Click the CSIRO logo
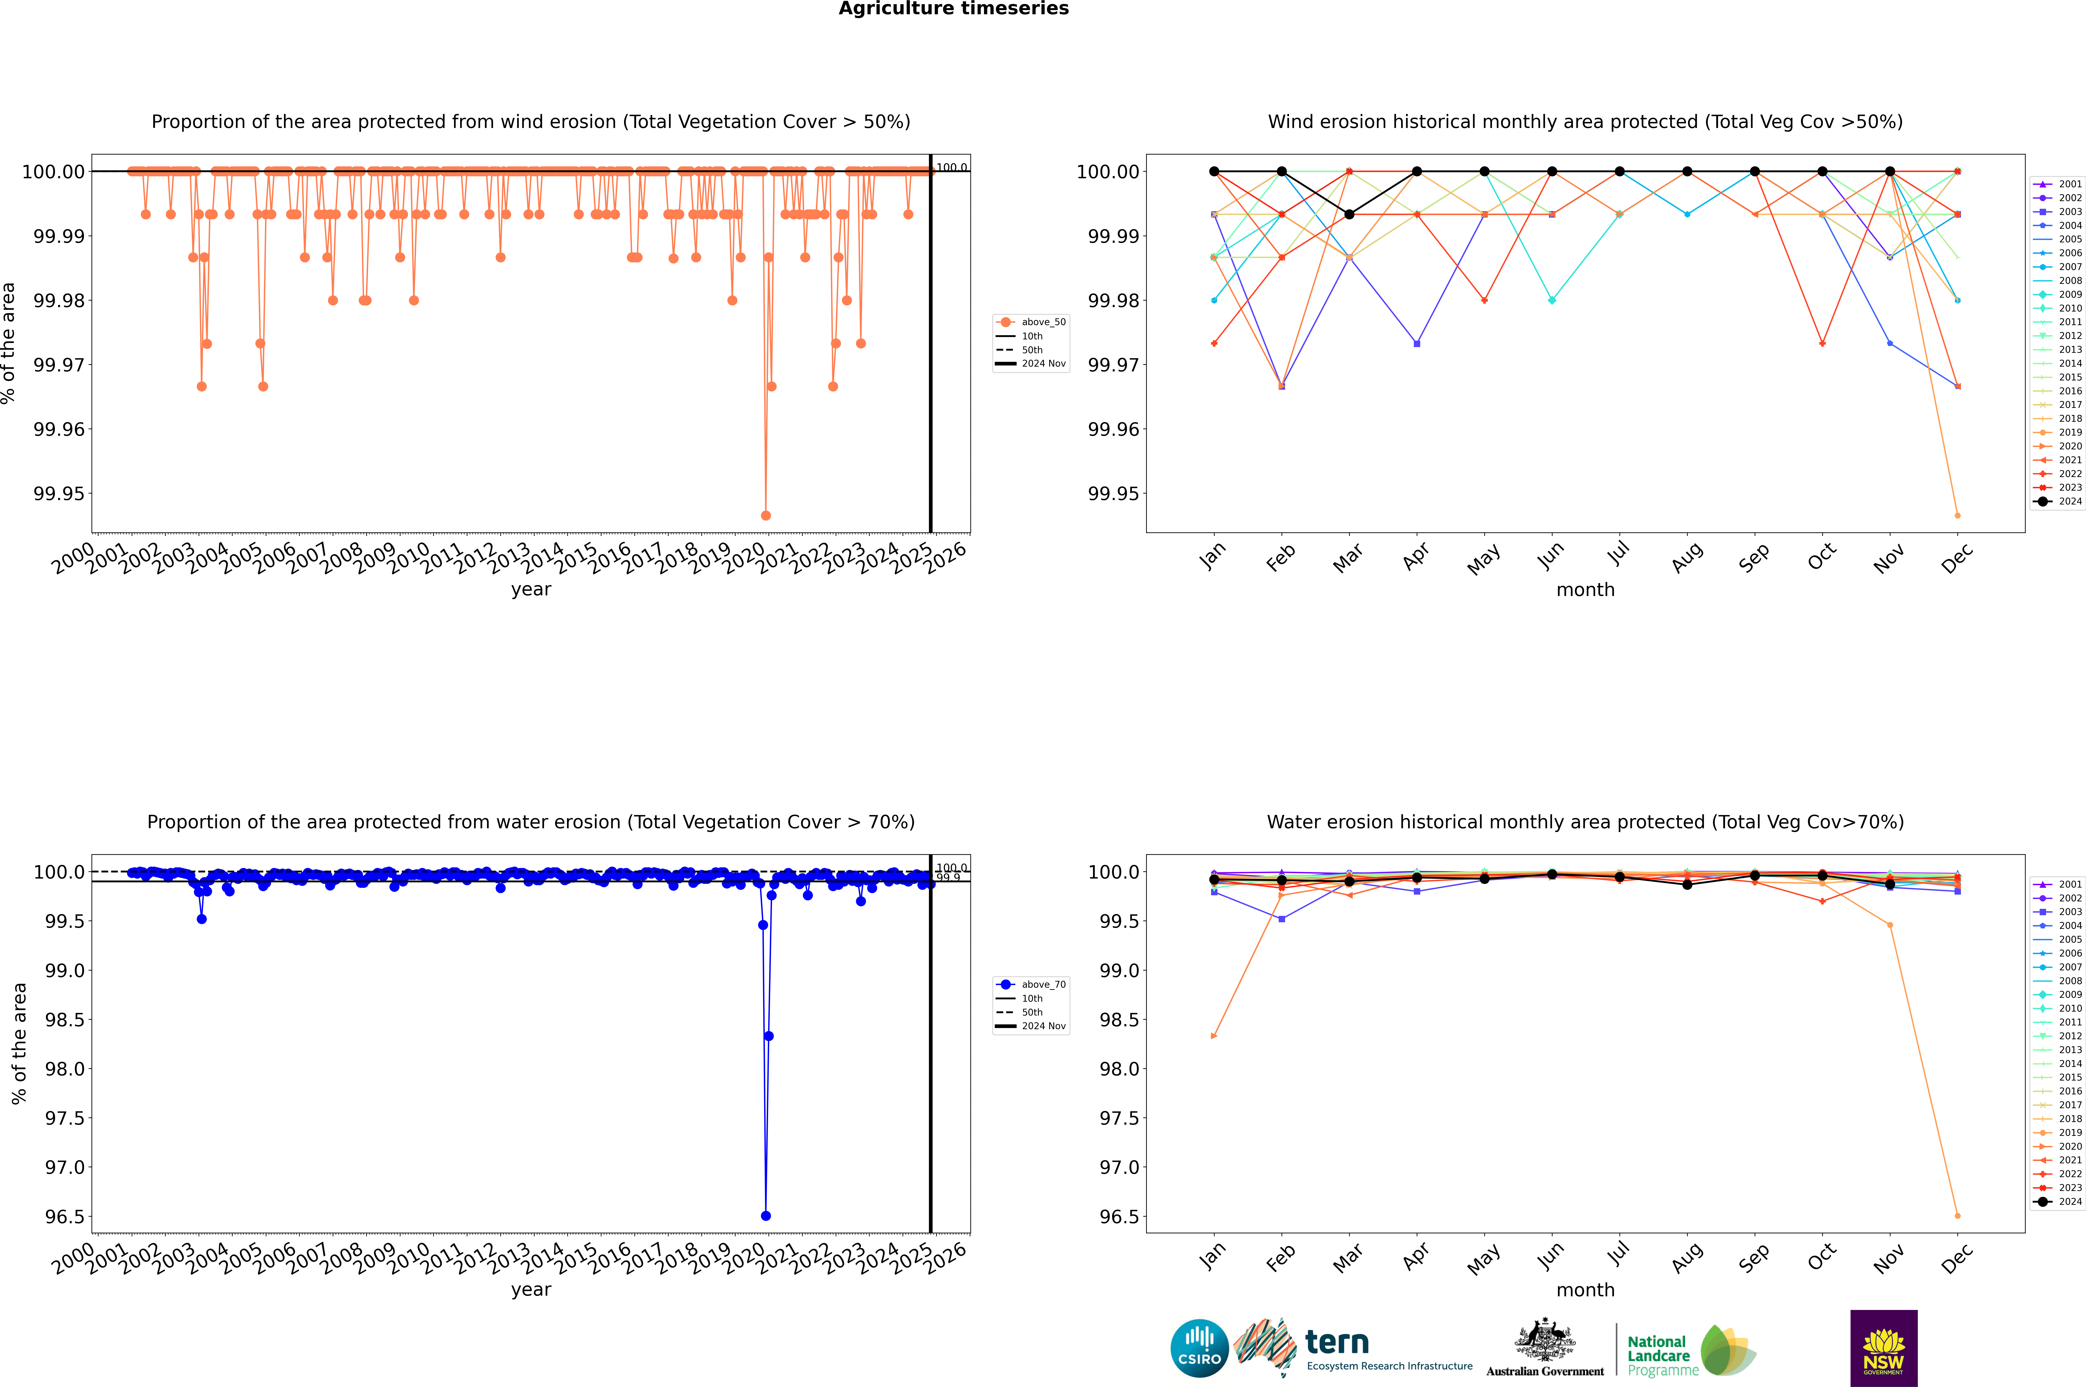click(x=1199, y=1348)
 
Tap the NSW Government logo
click(x=1883, y=1348)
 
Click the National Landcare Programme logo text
click(x=1659, y=1355)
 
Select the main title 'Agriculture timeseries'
click(x=953, y=9)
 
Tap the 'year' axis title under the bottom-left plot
click(x=531, y=1290)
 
